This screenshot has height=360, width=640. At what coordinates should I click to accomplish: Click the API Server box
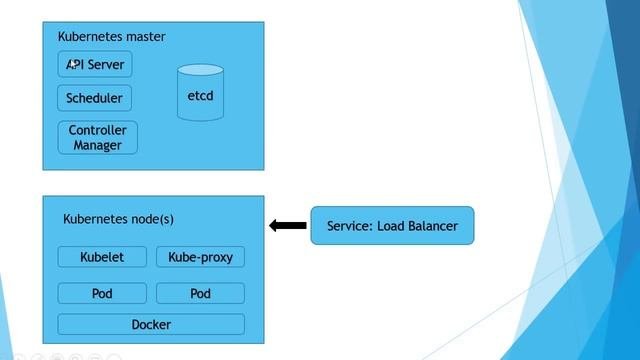[x=95, y=65]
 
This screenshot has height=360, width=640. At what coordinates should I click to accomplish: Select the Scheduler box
[x=95, y=98]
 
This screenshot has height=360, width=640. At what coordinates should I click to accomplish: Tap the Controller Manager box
[x=97, y=138]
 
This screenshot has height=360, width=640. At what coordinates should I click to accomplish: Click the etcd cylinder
[x=200, y=96]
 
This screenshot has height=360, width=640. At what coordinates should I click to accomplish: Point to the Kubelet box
[x=102, y=257]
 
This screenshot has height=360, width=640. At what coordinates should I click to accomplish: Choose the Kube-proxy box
[x=200, y=257]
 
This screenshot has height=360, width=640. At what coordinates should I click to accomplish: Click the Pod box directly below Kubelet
[x=102, y=294]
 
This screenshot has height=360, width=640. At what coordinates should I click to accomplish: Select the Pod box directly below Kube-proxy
[x=200, y=294]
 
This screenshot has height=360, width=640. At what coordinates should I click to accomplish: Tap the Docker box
[x=151, y=324]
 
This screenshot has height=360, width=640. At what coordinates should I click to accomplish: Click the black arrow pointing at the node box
[x=288, y=226]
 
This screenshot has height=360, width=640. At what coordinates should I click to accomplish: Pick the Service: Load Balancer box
[x=392, y=226]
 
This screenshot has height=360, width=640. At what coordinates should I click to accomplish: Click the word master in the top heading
[x=144, y=37]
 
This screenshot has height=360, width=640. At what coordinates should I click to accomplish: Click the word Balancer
[x=431, y=226]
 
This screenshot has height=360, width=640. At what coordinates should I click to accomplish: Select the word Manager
[x=97, y=145]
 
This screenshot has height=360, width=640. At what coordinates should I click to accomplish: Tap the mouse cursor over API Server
[x=73, y=63]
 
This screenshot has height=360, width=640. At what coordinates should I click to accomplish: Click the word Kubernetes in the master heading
[x=89, y=37]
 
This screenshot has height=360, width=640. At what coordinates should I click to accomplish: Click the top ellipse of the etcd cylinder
[x=200, y=72]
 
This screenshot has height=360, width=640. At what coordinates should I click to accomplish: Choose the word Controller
[x=97, y=130]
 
